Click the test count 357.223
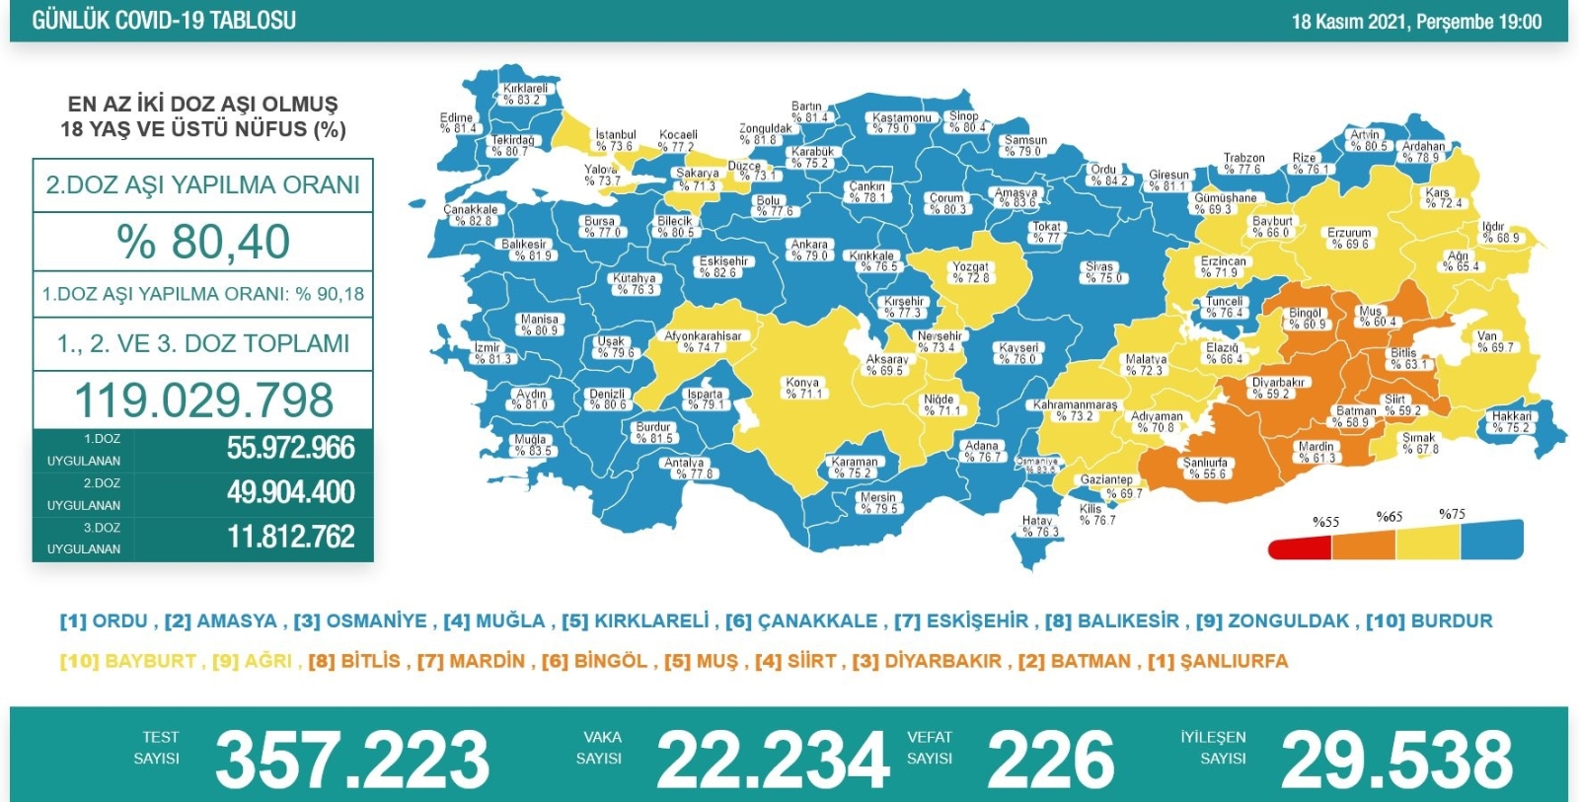pyautogui.click(x=352, y=759)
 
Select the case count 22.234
pyautogui.click(x=772, y=759)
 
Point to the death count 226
pyautogui.click(x=1050, y=759)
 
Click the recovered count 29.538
pyautogui.click(x=1395, y=759)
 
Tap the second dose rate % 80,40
pyautogui.click(x=203, y=242)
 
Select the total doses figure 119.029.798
pyautogui.click(x=203, y=400)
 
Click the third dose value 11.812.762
pyautogui.click(x=290, y=537)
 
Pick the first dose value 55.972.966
pyautogui.click(x=290, y=448)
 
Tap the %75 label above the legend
pyautogui.click(x=1452, y=514)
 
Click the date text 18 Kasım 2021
pyautogui.click(x=1350, y=22)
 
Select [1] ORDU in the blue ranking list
pyautogui.click(x=104, y=621)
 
